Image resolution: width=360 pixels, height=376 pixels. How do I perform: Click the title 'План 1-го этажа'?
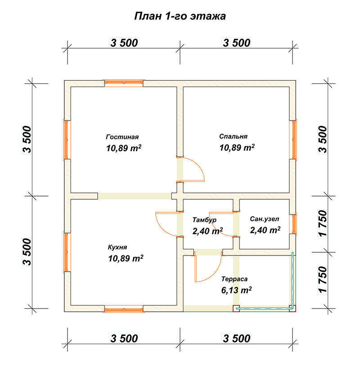click(180, 16)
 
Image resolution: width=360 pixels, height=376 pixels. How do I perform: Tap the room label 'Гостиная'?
click(122, 137)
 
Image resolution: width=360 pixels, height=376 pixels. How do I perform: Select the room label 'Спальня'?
click(233, 136)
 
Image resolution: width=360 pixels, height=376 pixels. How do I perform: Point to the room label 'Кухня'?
click(117, 247)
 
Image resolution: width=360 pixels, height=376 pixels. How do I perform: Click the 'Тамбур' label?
click(204, 220)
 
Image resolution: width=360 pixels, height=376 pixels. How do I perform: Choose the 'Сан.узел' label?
click(265, 219)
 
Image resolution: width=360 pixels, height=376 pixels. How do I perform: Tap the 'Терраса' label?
click(234, 279)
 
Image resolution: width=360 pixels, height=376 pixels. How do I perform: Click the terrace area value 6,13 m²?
click(236, 290)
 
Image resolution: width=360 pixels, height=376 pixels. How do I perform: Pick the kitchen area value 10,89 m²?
click(126, 259)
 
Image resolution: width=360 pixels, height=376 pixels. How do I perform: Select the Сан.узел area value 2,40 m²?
click(265, 230)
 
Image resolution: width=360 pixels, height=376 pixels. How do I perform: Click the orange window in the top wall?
click(124, 82)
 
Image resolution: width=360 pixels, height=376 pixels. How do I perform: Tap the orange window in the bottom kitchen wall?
click(124, 309)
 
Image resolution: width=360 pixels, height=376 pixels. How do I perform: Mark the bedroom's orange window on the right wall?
click(294, 139)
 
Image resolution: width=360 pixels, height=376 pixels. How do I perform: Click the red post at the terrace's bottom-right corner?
click(292, 309)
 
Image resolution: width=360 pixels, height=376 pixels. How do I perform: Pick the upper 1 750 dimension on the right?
click(323, 224)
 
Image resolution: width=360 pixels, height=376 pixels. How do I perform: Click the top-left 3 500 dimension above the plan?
click(124, 43)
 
